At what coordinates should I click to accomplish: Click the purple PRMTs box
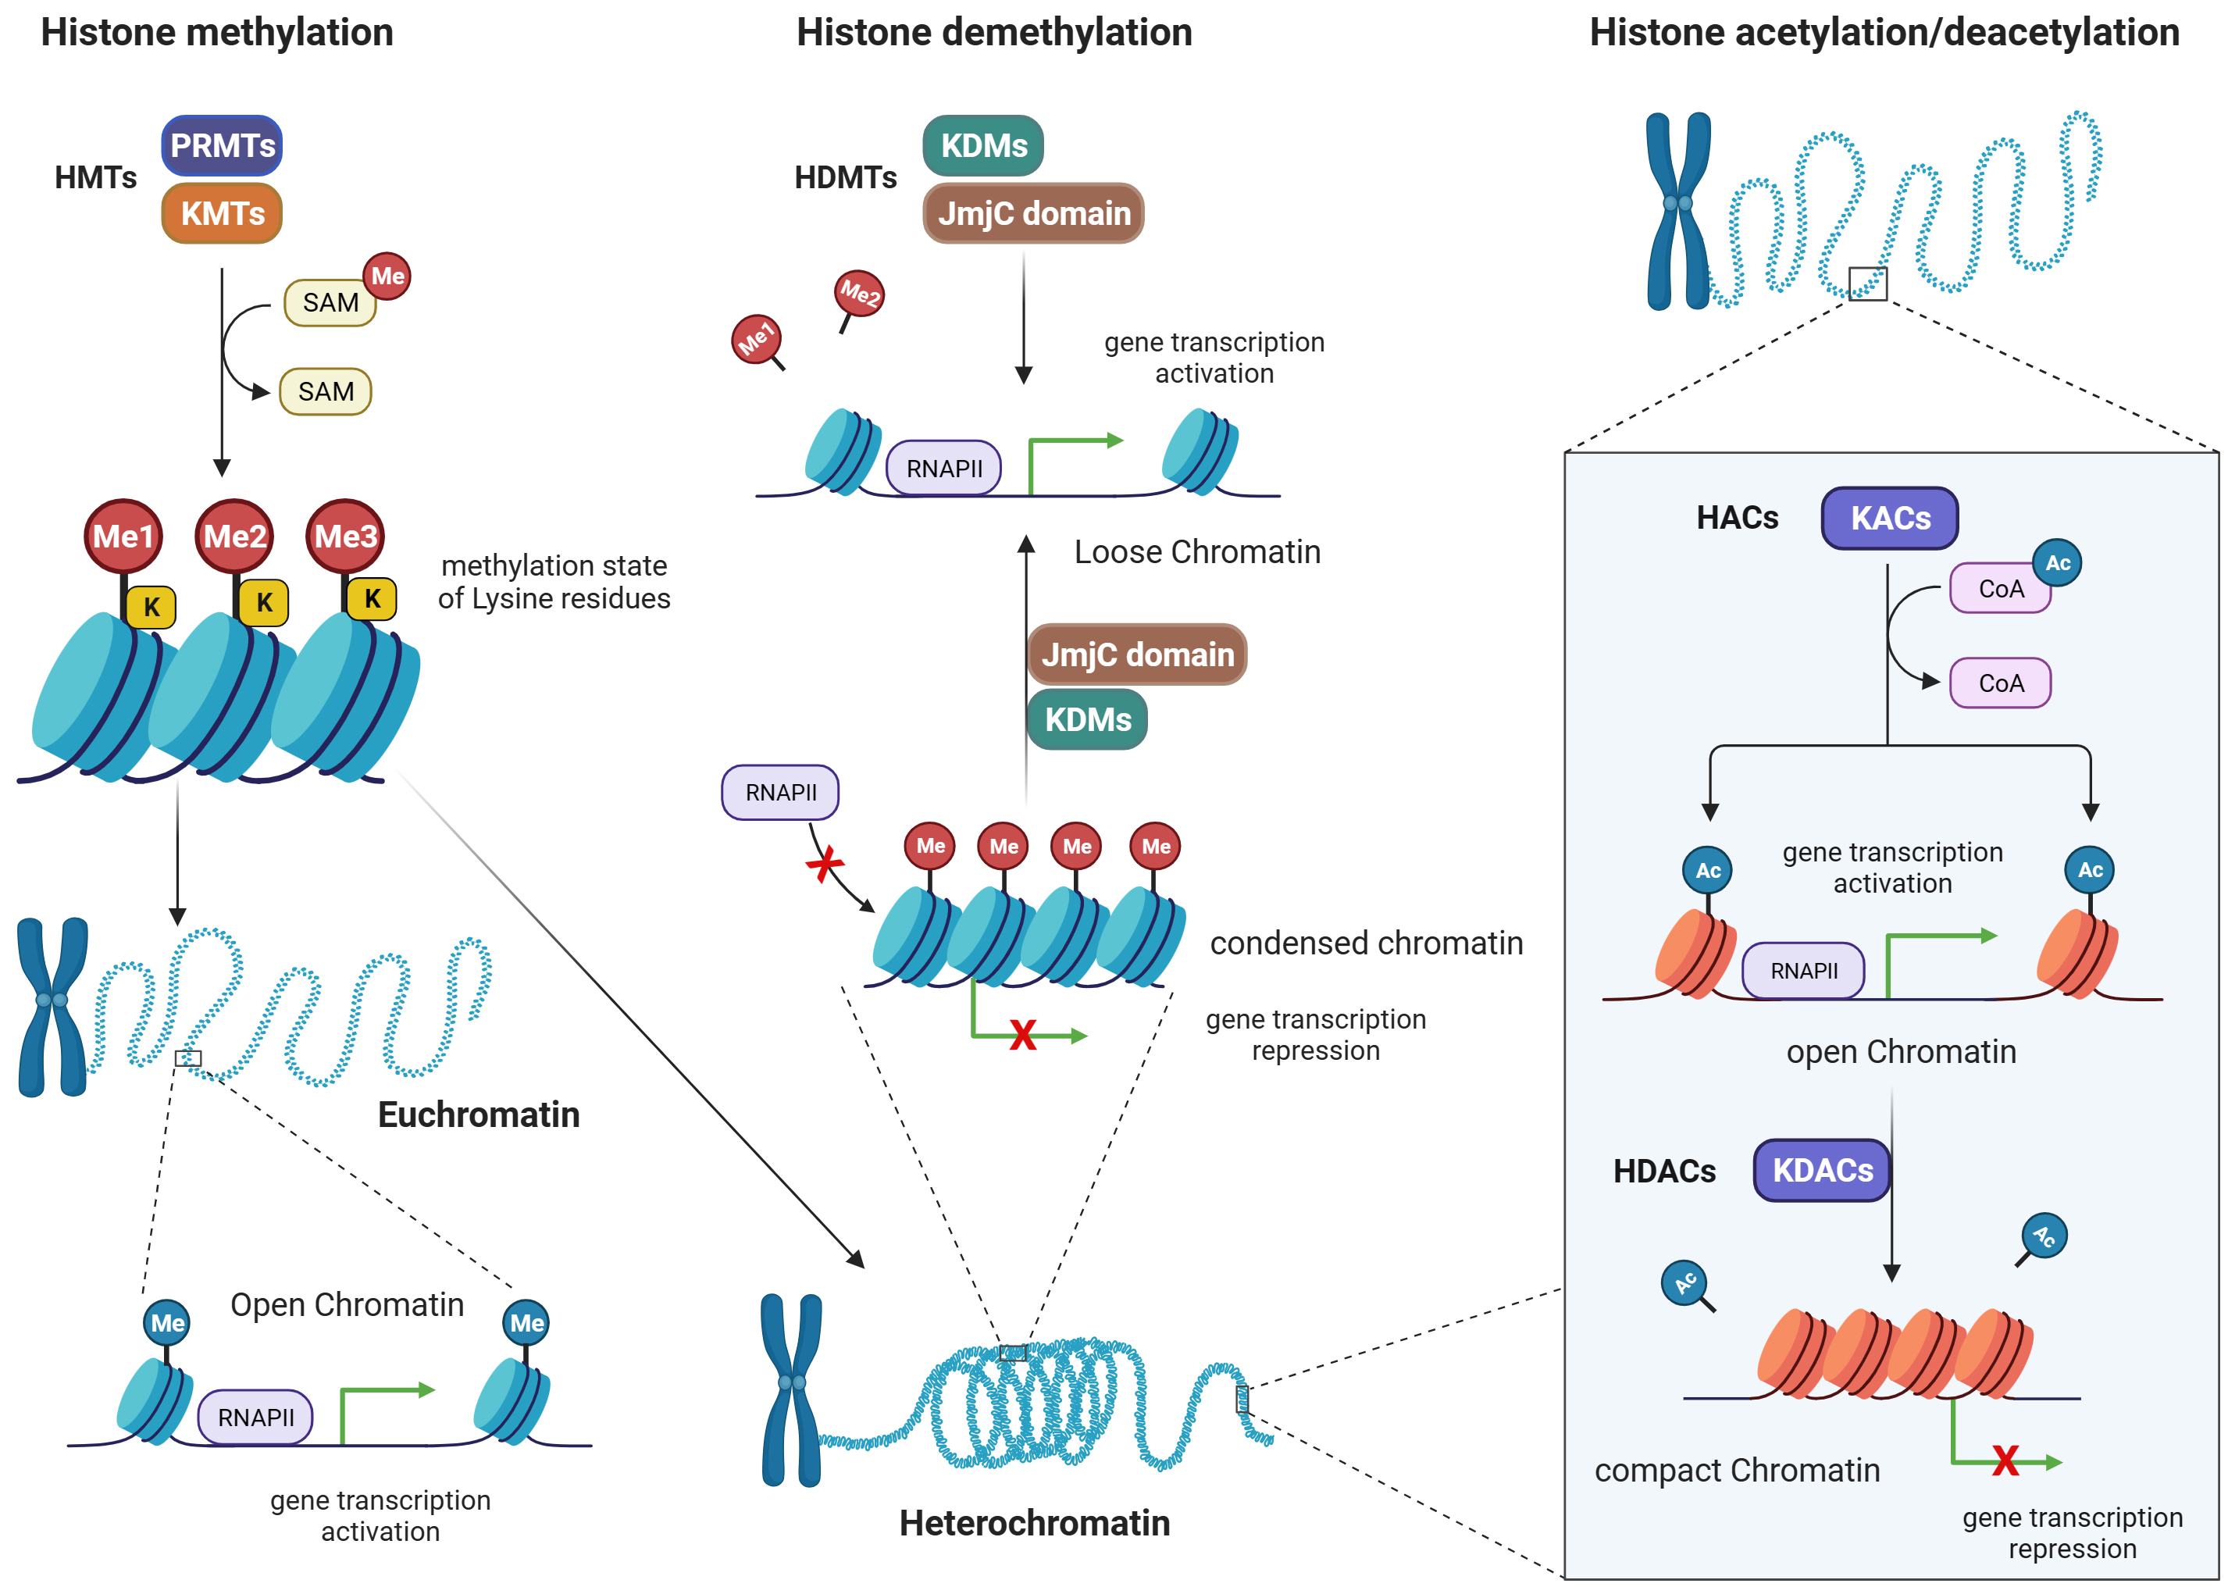(222, 145)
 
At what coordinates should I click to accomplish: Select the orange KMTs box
(222, 213)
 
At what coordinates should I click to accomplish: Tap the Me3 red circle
(345, 536)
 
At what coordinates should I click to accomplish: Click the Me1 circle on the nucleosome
(123, 536)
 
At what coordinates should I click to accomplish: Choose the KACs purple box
(1889, 518)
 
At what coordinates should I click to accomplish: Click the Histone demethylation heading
(994, 32)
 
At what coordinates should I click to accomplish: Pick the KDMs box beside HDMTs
(983, 145)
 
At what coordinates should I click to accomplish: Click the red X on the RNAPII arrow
(825, 864)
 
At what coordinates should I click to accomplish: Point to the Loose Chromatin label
(1197, 552)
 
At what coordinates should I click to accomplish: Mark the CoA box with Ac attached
(1999, 588)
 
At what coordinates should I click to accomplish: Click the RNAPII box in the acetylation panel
(1803, 970)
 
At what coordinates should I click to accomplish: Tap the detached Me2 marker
(859, 293)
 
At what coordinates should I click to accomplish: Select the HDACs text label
(1664, 1171)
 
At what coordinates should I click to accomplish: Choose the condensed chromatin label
(1366, 943)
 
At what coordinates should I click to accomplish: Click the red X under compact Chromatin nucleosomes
(2005, 1461)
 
